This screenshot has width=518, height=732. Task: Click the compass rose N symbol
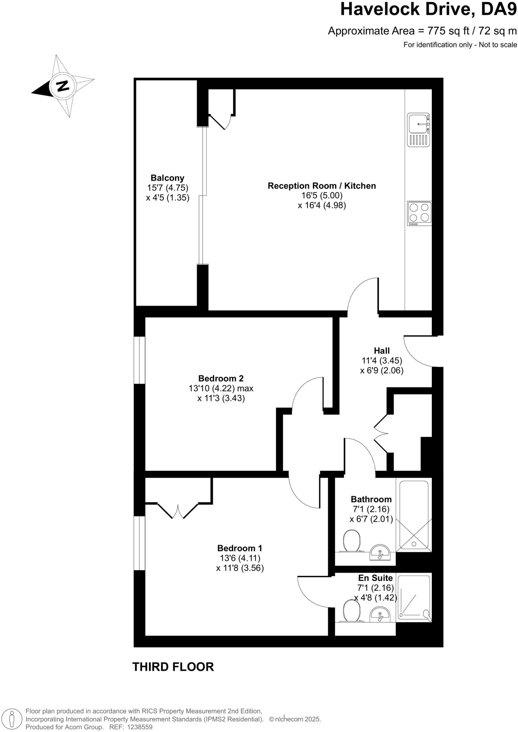[x=63, y=86]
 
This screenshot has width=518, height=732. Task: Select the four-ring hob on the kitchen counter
[x=419, y=213]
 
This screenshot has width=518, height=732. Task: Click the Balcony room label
[x=167, y=178]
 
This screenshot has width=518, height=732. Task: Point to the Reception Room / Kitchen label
[x=322, y=186]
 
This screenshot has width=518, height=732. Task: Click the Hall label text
[x=381, y=351]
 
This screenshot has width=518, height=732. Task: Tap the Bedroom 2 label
[x=221, y=378]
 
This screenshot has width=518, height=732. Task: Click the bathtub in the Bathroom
[x=414, y=515]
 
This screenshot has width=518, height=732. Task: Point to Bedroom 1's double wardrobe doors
[x=178, y=509]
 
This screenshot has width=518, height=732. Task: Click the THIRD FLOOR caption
[x=173, y=667]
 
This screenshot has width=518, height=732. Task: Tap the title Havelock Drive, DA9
[x=428, y=10]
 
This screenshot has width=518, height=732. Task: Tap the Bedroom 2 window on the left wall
[x=139, y=360]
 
